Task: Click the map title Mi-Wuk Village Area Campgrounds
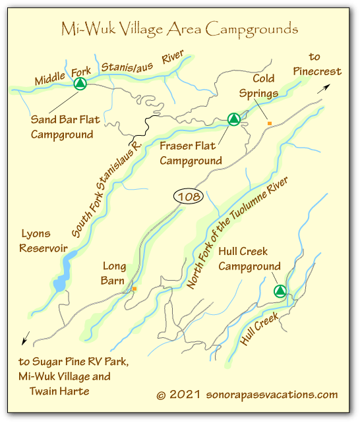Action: click(x=179, y=29)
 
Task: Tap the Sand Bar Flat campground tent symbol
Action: click(x=80, y=84)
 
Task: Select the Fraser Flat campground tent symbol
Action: click(x=233, y=119)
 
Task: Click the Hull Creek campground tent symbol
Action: click(x=280, y=291)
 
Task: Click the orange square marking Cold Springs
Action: click(x=269, y=123)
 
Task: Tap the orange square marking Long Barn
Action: click(x=134, y=289)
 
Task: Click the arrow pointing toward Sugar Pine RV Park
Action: click(x=25, y=339)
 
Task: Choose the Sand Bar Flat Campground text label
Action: click(x=62, y=127)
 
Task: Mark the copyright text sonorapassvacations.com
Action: click(x=247, y=395)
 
